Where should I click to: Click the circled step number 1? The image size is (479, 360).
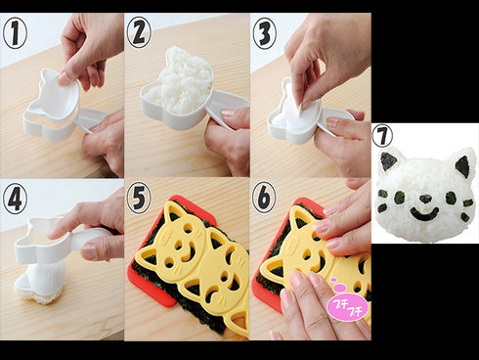click(15, 32)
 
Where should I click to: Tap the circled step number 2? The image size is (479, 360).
click(139, 32)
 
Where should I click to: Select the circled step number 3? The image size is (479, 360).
click(264, 33)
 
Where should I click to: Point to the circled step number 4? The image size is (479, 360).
click(15, 198)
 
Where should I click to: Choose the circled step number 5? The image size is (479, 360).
click(139, 198)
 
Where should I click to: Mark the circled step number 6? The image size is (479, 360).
click(264, 198)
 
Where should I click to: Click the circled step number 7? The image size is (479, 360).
click(382, 136)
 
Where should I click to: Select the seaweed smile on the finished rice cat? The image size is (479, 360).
click(424, 214)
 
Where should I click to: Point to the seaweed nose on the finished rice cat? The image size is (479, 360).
click(425, 199)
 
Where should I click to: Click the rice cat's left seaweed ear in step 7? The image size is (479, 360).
click(388, 161)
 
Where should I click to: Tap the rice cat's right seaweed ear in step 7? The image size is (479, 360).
click(462, 166)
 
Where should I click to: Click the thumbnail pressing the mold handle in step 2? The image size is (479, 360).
click(228, 113)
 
